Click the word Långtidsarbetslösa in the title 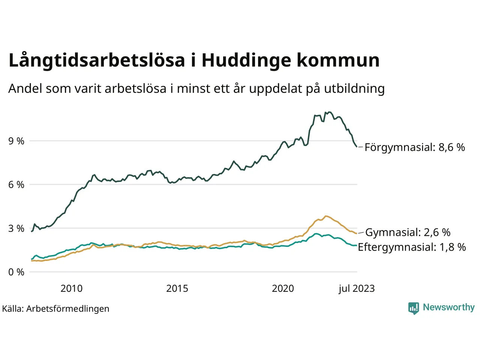[97, 61]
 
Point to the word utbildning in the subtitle [354, 89]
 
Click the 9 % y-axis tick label [16, 141]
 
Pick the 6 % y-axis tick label [16, 184]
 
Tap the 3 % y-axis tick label [16, 228]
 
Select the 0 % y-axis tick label [16, 272]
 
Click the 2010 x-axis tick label [71, 288]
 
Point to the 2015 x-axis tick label [177, 288]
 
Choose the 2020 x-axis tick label [283, 288]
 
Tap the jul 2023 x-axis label [356, 288]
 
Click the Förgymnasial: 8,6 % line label [415, 147]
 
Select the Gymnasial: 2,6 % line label [408, 232]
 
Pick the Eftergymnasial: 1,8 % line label [412, 247]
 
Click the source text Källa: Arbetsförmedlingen [56, 309]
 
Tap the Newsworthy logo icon [413, 308]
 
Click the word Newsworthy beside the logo [448, 307]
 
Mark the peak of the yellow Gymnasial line [326, 216]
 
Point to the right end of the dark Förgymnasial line [357, 147]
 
